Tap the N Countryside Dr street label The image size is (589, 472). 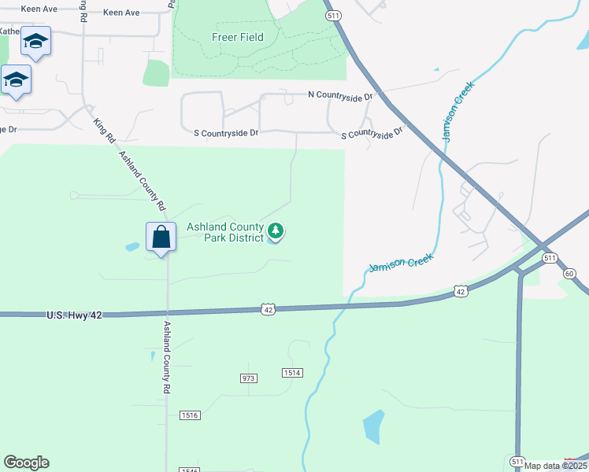tap(340, 96)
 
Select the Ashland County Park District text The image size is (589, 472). tap(226, 232)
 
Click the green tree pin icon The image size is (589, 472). tap(276, 230)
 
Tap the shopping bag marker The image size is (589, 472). tap(161, 237)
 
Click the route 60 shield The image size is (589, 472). tap(570, 273)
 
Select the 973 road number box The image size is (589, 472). tap(249, 378)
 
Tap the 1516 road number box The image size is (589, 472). tap(189, 415)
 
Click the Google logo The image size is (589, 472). tap(26, 463)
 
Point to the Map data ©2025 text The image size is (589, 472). tap(555, 466)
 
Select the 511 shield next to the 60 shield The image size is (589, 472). tap(550, 258)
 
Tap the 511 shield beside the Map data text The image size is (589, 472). tap(517, 461)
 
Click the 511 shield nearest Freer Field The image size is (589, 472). tap(332, 15)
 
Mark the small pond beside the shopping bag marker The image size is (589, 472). tap(132, 247)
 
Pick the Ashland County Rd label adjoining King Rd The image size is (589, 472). tap(142, 180)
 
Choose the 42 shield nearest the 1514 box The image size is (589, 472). tap(269, 310)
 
